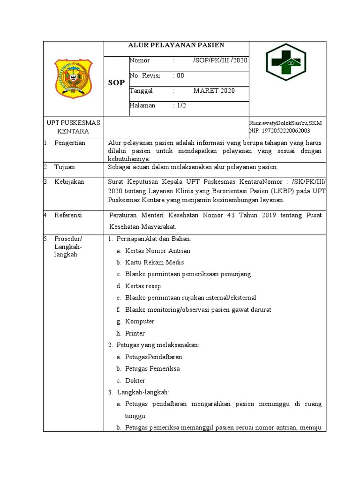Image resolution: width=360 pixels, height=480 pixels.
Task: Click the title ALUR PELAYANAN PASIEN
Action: click(x=176, y=45)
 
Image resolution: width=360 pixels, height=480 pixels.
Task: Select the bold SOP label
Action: click(x=116, y=83)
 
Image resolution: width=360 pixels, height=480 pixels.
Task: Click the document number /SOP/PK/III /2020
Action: click(x=220, y=60)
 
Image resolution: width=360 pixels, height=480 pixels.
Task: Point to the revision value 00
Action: click(x=180, y=75)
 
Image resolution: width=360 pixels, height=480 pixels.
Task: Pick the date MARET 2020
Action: click(x=214, y=90)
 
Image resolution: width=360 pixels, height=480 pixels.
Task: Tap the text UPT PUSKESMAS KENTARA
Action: click(x=73, y=127)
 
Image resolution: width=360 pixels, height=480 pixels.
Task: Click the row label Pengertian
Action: click(x=70, y=143)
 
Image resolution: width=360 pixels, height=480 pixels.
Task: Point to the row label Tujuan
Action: click(x=64, y=167)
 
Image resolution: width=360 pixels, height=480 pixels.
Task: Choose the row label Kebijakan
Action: click(x=69, y=182)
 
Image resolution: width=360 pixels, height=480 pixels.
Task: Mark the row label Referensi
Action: click(x=68, y=215)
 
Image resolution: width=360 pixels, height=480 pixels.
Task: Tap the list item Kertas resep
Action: click(x=140, y=286)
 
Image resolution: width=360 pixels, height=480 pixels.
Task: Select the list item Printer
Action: click(x=135, y=333)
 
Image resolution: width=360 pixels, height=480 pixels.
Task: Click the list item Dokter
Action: click(x=135, y=381)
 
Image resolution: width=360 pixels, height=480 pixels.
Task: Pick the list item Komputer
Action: click(x=140, y=322)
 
